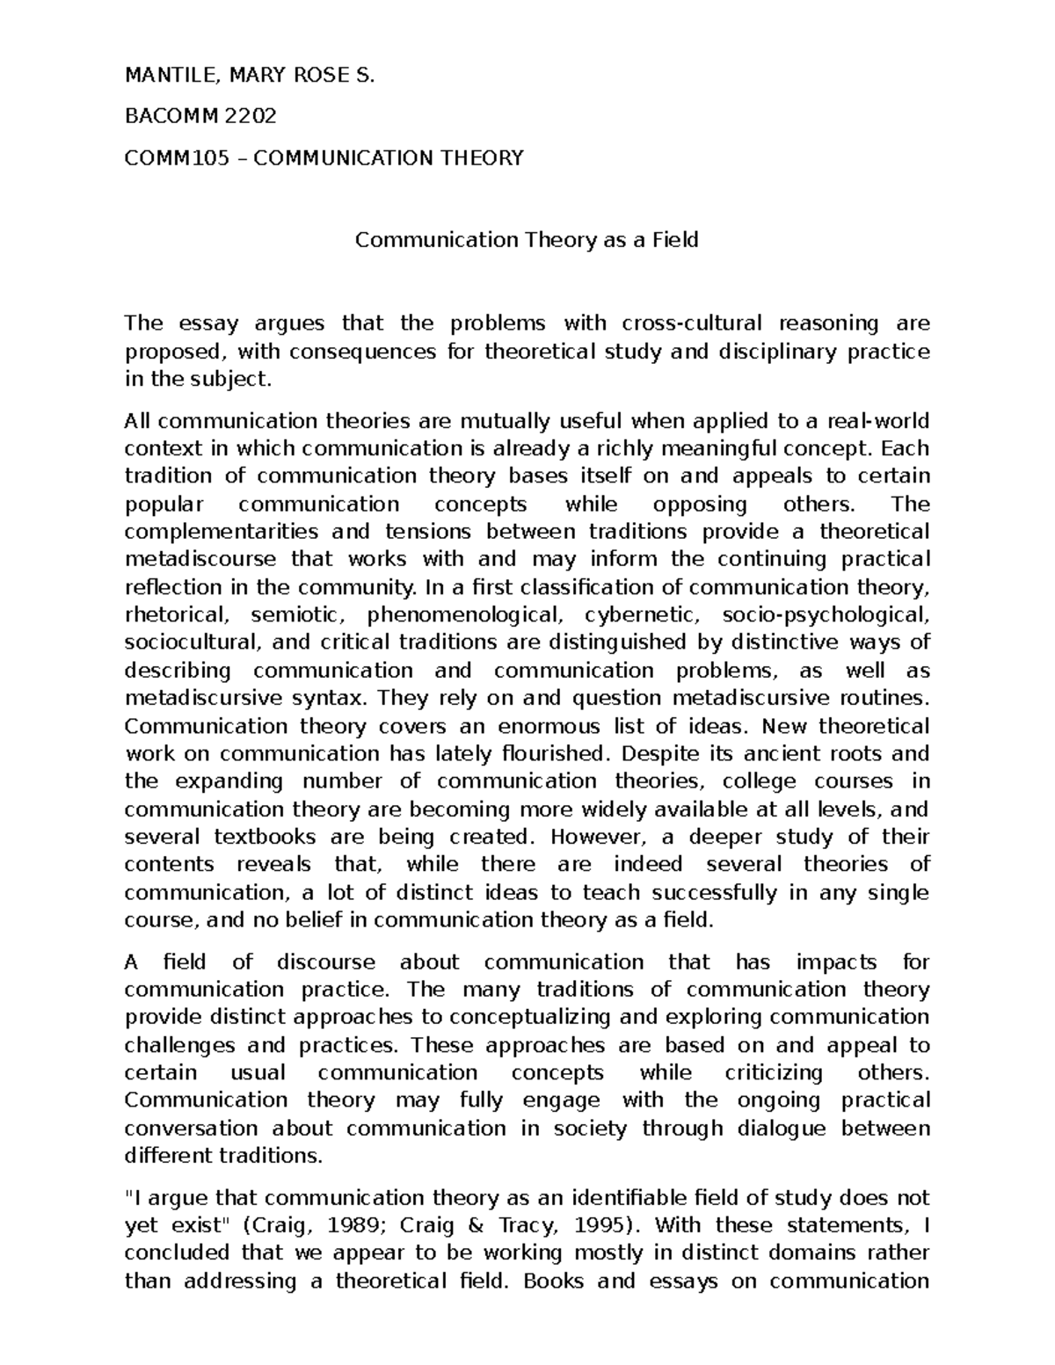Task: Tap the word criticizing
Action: tap(774, 1072)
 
